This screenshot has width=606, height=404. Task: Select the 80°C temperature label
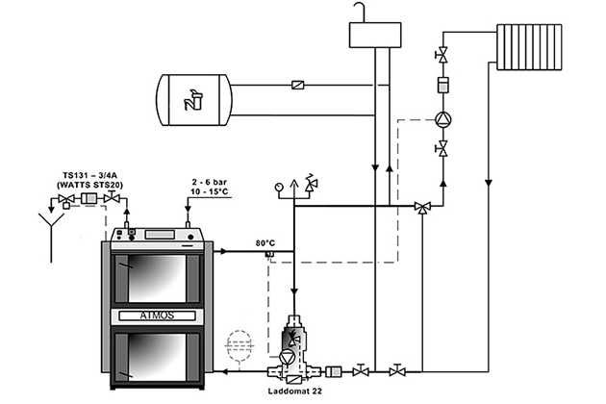tap(266, 241)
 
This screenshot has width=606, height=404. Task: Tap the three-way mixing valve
tap(422, 207)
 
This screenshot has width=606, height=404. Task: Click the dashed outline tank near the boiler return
tap(235, 343)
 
